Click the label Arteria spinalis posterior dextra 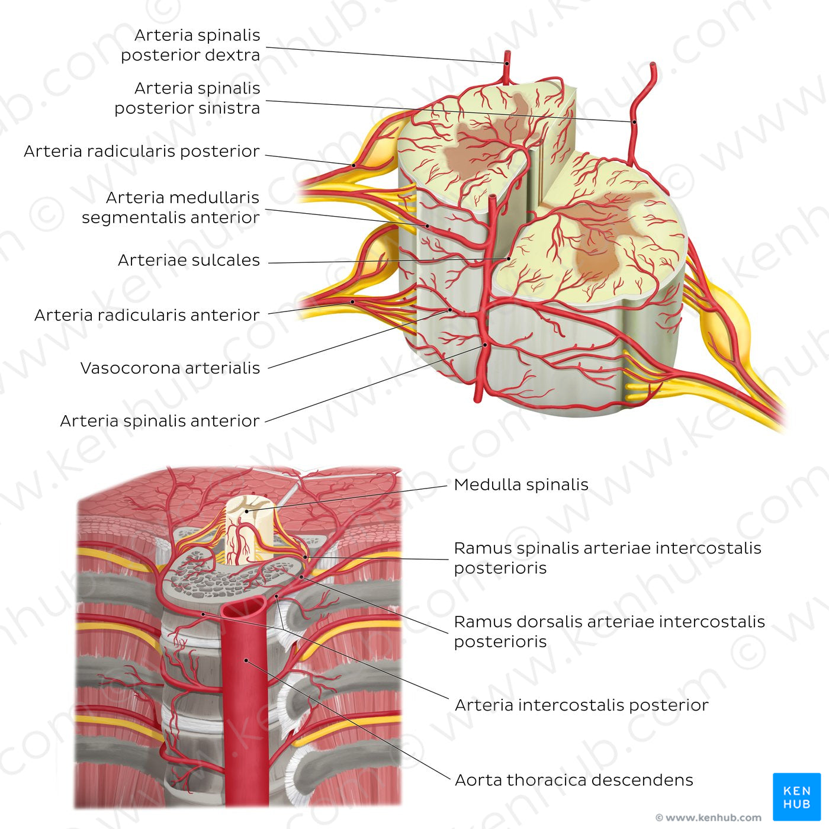[191, 45]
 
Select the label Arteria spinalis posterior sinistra [187, 98]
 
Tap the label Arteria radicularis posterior [142, 152]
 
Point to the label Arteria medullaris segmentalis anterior [171, 207]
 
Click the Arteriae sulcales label [189, 261]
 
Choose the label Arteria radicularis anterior [147, 315]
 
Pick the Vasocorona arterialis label [171, 368]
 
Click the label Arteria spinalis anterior [160, 421]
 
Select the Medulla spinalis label [521, 485]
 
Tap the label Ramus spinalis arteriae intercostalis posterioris [608, 558]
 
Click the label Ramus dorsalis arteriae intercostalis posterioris [609, 631]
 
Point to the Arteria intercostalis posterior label [581, 705]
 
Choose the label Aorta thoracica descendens [574, 780]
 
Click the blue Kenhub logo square [796, 796]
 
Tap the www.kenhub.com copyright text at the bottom [708, 818]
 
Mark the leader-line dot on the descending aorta [245, 660]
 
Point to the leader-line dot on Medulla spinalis [246, 510]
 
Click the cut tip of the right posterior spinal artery [507, 53]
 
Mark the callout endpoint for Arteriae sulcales [507, 258]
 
